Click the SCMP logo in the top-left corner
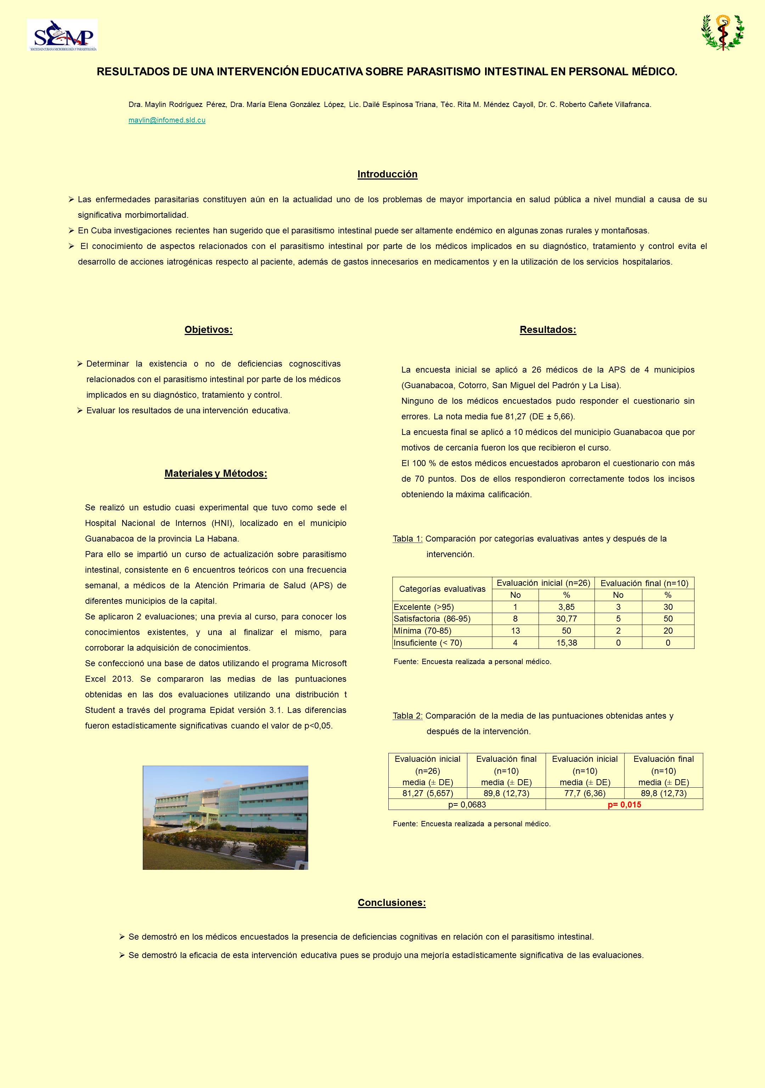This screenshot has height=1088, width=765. pos(62,35)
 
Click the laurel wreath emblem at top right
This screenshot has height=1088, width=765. pos(722,32)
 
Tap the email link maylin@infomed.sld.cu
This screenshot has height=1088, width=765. pos(167,120)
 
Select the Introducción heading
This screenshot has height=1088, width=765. pos(387,174)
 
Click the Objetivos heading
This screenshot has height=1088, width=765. pos(209,330)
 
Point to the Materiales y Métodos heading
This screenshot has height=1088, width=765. pos(216,474)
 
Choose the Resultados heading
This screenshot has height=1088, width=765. pos(548,330)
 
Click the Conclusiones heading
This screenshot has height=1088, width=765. pos(392,903)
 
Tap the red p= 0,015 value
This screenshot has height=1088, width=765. pos(624,805)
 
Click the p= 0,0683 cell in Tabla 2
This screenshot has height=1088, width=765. pos(467,805)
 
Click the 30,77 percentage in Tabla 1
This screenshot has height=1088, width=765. pos(567,619)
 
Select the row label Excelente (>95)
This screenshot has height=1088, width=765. pos(424,607)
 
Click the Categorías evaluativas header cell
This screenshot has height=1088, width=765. pos(442,589)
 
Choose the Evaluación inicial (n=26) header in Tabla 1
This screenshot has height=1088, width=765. pos(543,583)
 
